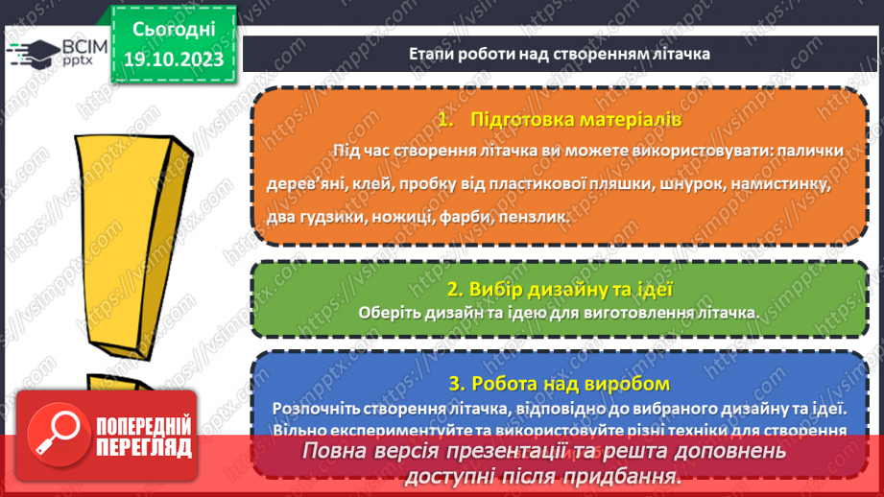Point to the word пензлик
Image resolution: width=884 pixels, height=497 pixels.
point(527,218)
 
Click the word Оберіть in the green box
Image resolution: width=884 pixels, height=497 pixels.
point(390,312)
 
